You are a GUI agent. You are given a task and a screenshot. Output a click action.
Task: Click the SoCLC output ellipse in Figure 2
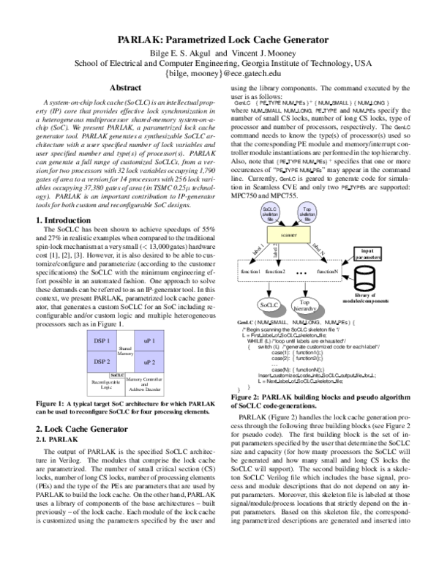(x=271, y=303)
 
